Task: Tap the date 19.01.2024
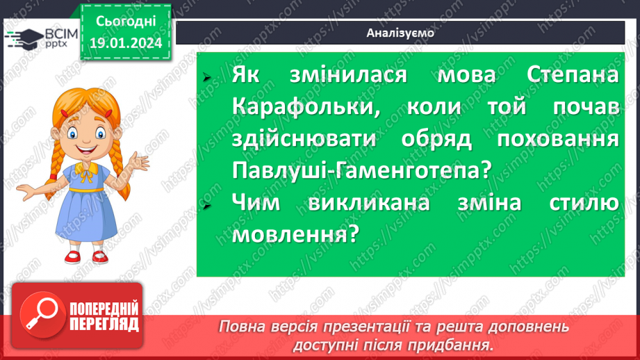pos(125,43)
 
